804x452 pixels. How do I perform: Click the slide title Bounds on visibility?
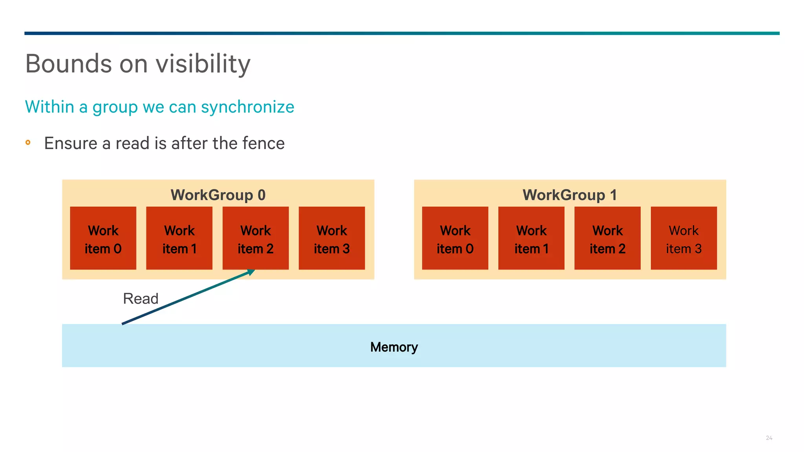137,64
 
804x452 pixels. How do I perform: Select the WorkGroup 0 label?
218,195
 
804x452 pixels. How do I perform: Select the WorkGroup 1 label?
570,195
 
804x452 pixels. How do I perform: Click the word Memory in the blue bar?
394,347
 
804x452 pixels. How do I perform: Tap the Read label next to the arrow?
141,299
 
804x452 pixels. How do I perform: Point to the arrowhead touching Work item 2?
251,272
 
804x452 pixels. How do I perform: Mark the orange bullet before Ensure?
28,142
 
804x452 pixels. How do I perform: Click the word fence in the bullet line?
263,143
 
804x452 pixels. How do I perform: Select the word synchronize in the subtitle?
247,107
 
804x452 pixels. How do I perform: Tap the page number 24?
769,438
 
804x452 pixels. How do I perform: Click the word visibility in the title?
203,64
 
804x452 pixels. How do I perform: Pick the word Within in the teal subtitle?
49,107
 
